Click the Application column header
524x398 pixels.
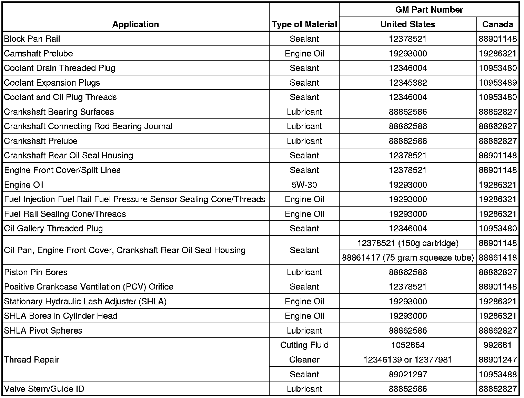point(135,24)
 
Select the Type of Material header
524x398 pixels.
point(304,24)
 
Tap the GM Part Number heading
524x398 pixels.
point(429,10)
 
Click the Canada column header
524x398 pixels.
point(497,24)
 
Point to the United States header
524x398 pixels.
point(408,24)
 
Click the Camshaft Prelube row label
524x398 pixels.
point(39,54)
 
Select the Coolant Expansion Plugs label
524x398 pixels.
point(52,83)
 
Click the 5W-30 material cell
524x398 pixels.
point(304,185)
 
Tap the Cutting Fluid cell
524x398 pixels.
point(304,345)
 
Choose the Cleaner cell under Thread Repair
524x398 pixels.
point(304,360)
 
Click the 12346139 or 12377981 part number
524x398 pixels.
point(408,360)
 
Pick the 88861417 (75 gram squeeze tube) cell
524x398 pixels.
point(408,258)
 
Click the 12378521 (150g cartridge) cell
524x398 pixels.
point(408,243)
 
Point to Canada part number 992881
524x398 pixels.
point(497,345)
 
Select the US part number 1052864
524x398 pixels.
point(408,345)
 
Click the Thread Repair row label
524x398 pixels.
point(32,360)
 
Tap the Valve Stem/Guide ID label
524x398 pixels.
point(44,389)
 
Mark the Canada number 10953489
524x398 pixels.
point(497,83)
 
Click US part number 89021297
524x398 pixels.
point(408,374)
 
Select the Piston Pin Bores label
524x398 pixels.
point(36,272)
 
